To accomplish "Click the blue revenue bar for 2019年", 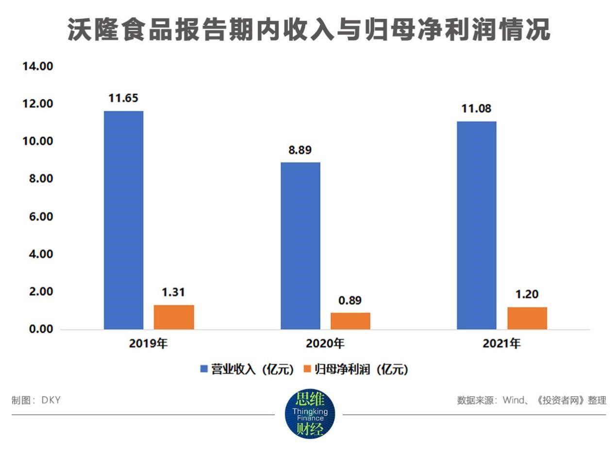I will (124, 220).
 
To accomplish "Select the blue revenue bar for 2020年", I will (300, 246).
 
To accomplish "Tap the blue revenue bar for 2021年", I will (477, 226).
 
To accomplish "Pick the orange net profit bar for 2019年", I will (174, 317).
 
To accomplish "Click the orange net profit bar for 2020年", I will (350, 321).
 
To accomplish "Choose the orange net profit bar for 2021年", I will (527, 318).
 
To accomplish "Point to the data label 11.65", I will (123, 98).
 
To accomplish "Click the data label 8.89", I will (300, 150).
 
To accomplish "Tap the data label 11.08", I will (476, 109).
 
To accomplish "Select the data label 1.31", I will (173, 292).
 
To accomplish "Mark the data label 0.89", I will (350, 300).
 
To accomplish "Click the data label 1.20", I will (527, 294).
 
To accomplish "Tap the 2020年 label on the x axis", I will (325, 344).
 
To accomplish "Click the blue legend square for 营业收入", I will (204, 369).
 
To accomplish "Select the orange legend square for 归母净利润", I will (307, 369).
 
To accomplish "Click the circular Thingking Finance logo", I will (310, 414).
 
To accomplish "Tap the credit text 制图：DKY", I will (36, 400).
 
